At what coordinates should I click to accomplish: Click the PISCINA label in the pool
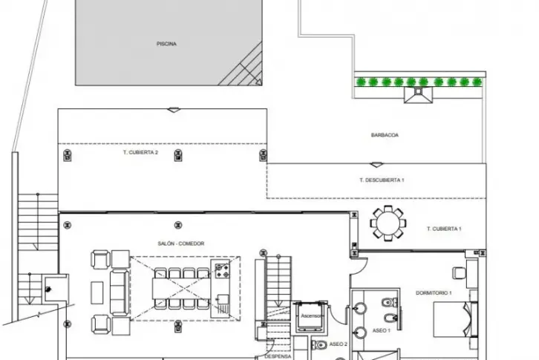(166, 44)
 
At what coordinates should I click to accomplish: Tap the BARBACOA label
(385, 135)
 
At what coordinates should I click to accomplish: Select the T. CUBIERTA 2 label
(140, 152)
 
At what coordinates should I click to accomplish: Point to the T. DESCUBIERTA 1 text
(382, 180)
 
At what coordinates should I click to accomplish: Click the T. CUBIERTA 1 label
(444, 229)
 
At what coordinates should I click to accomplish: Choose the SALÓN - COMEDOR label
(181, 243)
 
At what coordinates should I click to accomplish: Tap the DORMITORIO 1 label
(434, 293)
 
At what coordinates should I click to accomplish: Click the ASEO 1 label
(381, 330)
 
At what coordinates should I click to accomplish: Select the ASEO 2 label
(339, 344)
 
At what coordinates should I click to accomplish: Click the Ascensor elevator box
(311, 316)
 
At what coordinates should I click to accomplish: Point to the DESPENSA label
(278, 356)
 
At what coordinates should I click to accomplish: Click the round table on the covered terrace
(388, 223)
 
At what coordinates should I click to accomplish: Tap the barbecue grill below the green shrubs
(418, 95)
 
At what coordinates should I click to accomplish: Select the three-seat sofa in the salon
(120, 292)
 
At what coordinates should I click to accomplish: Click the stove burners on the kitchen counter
(222, 270)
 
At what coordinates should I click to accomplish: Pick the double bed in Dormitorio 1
(455, 319)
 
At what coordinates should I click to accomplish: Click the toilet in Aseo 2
(319, 344)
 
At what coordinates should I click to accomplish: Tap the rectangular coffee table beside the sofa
(97, 292)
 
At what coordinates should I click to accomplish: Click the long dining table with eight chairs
(181, 289)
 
